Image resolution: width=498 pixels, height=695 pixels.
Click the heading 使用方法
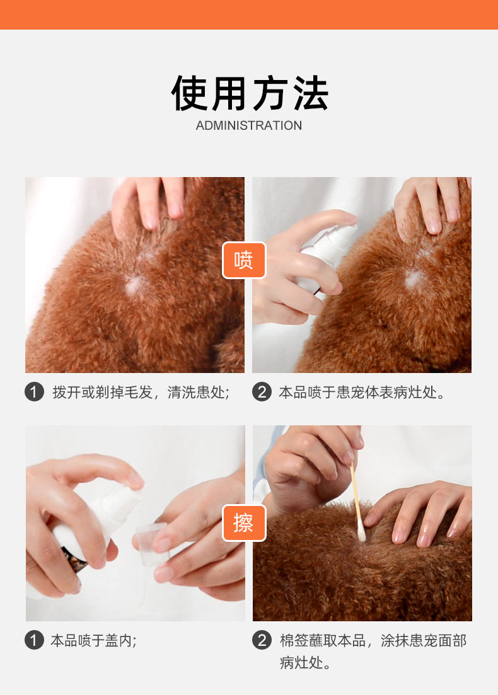click(x=249, y=93)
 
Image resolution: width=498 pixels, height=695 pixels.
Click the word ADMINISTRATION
click(x=249, y=125)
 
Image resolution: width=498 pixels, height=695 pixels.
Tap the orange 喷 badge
click(x=244, y=260)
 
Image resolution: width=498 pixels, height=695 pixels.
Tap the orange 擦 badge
click(x=244, y=523)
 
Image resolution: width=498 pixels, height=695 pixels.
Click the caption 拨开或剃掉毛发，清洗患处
click(x=141, y=393)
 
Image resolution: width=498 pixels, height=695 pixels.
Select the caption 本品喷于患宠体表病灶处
click(x=362, y=393)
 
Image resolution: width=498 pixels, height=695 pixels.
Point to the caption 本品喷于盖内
click(x=93, y=640)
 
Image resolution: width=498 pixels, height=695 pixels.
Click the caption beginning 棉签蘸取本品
click(x=373, y=652)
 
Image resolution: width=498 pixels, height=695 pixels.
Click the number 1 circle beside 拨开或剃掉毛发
click(x=34, y=392)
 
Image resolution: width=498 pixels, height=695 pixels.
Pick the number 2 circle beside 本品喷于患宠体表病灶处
click(x=262, y=392)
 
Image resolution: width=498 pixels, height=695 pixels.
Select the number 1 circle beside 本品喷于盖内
click(x=34, y=640)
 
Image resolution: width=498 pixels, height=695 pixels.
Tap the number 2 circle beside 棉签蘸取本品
click(x=262, y=640)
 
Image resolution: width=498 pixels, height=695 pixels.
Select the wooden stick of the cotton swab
click(x=355, y=494)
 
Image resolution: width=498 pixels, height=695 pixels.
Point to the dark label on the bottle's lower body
click(x=74, y=560)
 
